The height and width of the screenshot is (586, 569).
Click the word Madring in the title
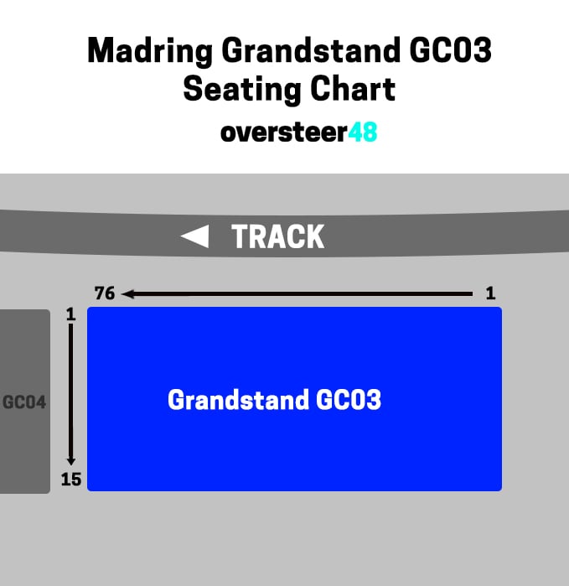[x=150, y=51]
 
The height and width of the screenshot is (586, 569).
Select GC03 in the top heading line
[x=450, y=49]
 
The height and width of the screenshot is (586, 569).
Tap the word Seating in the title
[x=242, y=90]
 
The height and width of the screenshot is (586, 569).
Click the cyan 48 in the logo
[x=362, y=132]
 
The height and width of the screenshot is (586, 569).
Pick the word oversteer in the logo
[x=284, y=132]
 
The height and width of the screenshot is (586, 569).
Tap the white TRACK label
[x=277, y=236]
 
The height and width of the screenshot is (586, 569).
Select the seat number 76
[x=105, y=293]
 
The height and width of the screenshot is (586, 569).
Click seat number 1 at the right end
[x=490, y=293]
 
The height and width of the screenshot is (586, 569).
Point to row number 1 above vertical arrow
[x=70, y=314]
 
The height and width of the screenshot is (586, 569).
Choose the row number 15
[x=71, y=480]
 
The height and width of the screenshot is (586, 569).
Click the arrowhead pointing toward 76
[x=127, y=293]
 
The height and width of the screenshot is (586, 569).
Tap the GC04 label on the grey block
[x=24, y=402]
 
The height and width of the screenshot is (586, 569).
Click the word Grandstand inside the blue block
[x=238, y=400]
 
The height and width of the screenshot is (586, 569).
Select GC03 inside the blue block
[x=349, y=400]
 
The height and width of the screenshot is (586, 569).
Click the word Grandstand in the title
[x=311, y=50]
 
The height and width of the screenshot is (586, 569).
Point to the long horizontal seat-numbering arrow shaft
[x=297, y=294]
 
